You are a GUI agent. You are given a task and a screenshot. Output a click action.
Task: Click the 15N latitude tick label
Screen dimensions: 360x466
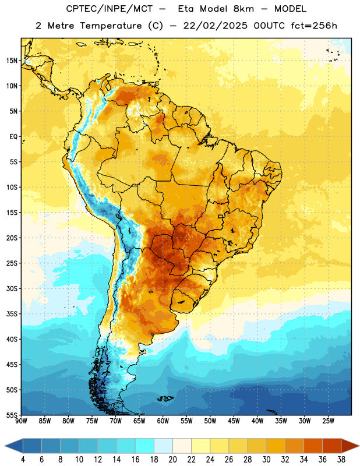(x=12, y=61)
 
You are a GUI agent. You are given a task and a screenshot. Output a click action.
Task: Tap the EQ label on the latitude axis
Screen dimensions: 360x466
(x=13, y=137)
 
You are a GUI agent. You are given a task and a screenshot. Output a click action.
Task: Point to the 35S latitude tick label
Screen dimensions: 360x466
(x=12, y=314)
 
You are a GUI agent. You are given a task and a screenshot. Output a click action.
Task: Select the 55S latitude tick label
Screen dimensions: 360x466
(x=12, y=415)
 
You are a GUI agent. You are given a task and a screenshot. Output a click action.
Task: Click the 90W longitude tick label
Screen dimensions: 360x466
(x=21, y=421)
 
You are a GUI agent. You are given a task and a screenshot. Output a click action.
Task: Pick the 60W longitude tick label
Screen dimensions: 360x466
(x=163, y=421)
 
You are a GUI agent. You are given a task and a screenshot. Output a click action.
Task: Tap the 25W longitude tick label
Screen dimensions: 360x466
(x=328, y=421)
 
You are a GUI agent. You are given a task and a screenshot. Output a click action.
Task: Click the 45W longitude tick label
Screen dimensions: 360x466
(x=234, y=421)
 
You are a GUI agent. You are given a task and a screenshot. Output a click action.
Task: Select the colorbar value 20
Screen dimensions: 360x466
(x=172, y=460)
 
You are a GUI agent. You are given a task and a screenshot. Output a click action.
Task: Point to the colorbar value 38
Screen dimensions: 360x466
(x=341, y=460)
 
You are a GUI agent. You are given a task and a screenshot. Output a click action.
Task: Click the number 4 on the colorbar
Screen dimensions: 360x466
(x=23, y=460)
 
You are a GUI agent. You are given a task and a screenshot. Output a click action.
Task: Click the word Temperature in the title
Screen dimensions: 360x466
(x=111, y=26)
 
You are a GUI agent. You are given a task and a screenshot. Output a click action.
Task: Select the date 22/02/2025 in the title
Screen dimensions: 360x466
(x=215, y=26)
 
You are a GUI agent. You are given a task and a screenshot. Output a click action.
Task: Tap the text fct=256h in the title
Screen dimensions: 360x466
(x=314, y=26)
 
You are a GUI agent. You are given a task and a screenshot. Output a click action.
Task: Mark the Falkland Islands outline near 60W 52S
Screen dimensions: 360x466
(x=165, y=398)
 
